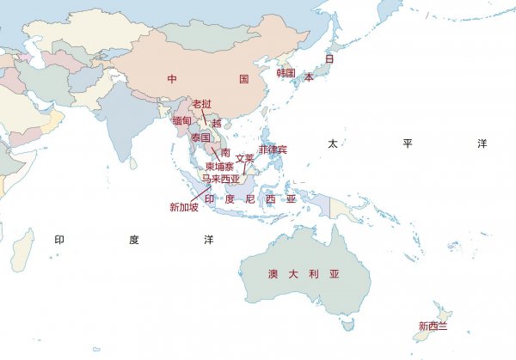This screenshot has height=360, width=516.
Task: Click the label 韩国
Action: click(286, 74)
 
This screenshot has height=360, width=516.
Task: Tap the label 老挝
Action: click(201, 104)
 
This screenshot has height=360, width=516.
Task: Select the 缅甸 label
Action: click(181, 121)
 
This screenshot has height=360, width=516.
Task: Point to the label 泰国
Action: click(200, 137)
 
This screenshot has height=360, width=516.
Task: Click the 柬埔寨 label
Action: click(218, 166)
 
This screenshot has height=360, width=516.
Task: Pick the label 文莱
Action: click(245, 158)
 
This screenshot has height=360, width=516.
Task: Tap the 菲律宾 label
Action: click(273, 149)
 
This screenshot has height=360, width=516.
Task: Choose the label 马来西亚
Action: click(221, 179)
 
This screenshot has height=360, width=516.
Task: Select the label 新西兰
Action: click(433, 326)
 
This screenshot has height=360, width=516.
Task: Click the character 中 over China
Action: click(172, 79)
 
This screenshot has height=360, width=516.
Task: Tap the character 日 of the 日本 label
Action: click(329, 58)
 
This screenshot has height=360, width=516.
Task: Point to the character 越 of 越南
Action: click(216, 123)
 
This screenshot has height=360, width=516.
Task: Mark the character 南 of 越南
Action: click(225, 152)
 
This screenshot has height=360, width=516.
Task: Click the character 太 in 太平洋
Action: click(332, 143)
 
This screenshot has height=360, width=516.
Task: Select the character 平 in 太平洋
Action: click(408, 143)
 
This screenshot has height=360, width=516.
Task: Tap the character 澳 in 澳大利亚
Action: click(272, 274)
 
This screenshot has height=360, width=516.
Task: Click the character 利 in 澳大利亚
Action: click(314, 274)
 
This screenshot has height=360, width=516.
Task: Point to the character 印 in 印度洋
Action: click(59, 240)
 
